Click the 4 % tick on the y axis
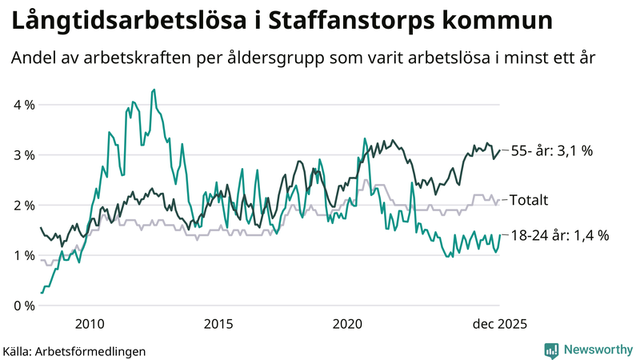23,105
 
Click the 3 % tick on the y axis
23,155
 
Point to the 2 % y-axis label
23,206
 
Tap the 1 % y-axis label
23,256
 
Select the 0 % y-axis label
23,306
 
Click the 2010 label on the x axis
89,323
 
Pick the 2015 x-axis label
218,323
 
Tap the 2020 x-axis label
348,323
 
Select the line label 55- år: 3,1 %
551,150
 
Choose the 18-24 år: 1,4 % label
560,235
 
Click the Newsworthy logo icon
551,350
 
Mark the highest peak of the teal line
154,90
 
